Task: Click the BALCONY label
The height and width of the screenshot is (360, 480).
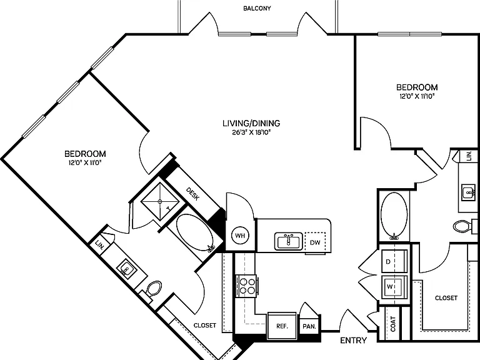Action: [257, 9]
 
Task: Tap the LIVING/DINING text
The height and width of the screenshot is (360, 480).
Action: [251, 123]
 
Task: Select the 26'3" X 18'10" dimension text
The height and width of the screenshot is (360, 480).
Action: [251, 133]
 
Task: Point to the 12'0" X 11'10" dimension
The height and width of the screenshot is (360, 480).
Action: [417, 96]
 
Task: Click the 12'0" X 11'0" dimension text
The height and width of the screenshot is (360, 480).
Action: [85, 163]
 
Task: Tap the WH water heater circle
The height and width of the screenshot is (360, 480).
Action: [240, 236]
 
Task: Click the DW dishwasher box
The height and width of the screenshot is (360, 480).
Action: [315, 242]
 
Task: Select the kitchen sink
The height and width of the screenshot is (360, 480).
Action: [288, 241]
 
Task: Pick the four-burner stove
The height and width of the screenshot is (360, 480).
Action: [246, 286]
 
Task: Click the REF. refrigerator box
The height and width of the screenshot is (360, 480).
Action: [282, 326]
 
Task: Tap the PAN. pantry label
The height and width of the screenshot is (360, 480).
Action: [309, 327]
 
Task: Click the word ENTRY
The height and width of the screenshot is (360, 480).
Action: [354, 340]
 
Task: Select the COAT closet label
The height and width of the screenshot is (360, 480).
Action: [393, 324]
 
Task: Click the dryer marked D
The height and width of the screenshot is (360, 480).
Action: [394, 261]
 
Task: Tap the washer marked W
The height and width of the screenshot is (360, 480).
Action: [394, 287]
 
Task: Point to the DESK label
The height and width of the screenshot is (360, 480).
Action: [193, 194]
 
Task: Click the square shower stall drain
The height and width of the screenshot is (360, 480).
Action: [160, 201]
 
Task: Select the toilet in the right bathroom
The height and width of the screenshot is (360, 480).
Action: [462, 226]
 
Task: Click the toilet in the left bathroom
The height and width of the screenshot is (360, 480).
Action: [154, 289]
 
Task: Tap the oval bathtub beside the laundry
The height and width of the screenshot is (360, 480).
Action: [394, 216]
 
